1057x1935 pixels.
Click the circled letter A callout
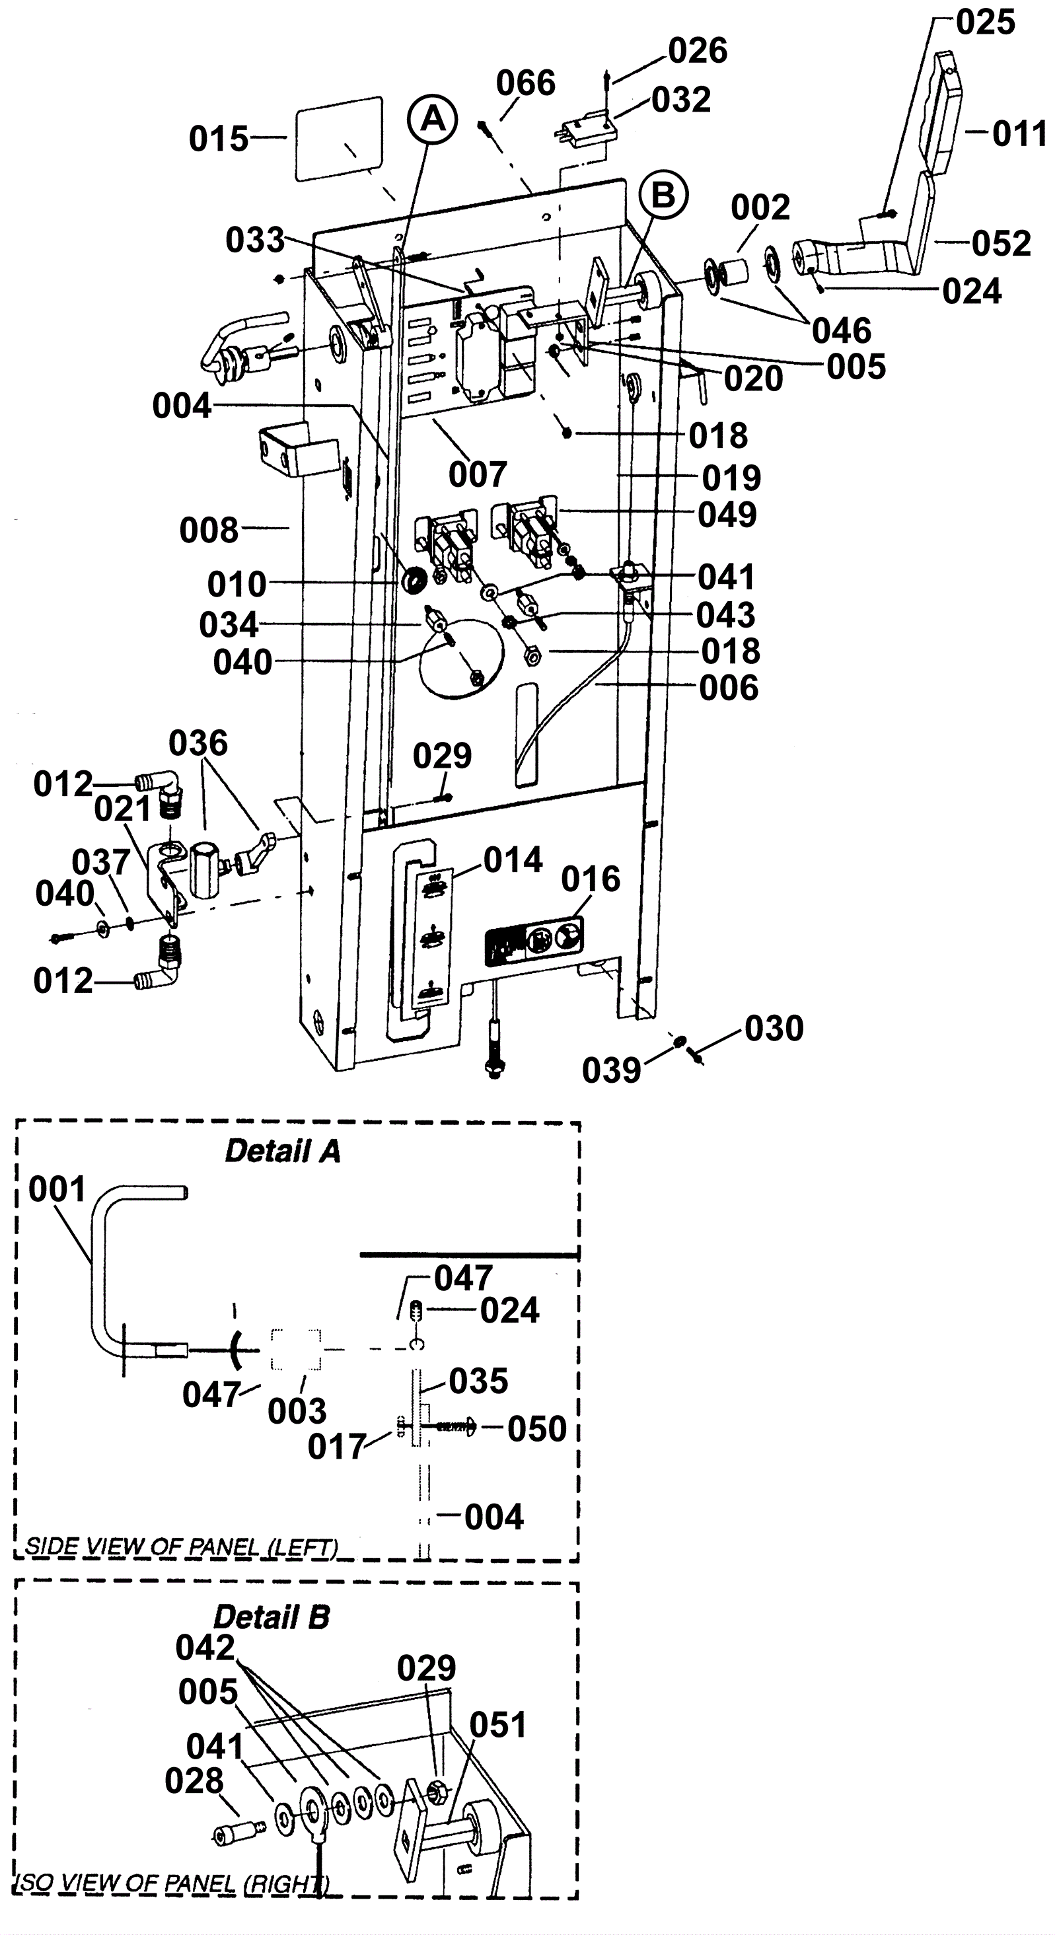click(433, 120)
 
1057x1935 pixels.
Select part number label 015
click(219, 139)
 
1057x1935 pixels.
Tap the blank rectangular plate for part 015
click(340, 139)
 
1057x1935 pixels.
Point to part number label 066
click(526, 83)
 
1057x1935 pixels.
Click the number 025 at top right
click(986, 22)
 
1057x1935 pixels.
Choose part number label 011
click(1019, 133)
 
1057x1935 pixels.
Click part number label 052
click(1002, 243)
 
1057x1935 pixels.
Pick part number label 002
click(760, 207)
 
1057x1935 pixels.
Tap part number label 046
click(842, 330)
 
